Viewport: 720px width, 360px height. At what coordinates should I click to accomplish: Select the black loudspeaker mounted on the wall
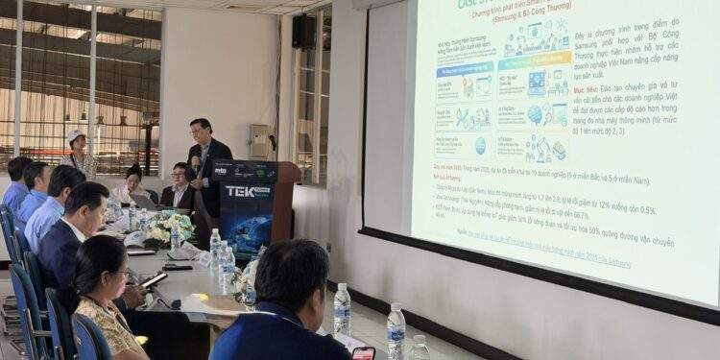[303, 31]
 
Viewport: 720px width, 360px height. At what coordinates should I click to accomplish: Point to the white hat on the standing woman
[75, 135]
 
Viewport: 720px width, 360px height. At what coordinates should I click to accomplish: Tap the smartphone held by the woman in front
[155, 279]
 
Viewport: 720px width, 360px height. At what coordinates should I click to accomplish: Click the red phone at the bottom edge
[364, 353]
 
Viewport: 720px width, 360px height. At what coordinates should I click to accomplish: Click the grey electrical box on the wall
[259, 141]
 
